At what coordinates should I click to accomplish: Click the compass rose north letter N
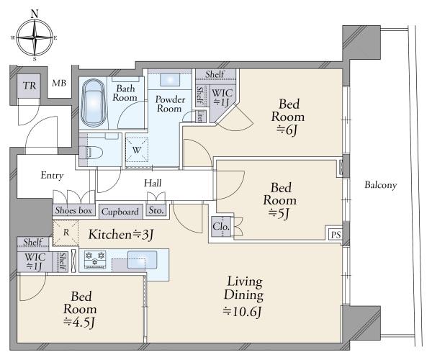[x=35, y=14]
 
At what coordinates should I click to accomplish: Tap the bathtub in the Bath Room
[x=93, y=103]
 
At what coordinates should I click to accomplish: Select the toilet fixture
[x=91, y=152]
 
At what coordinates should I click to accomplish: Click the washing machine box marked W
[x=137, y=150]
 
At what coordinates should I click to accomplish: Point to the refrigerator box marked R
[x=66, y=233]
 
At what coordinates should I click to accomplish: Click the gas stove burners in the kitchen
[x=95, y=259]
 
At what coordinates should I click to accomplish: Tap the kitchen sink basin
[x=142, y=260]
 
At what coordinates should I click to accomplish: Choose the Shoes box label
[x=73, y=210]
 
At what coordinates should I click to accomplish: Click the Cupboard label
[x=120, y=212]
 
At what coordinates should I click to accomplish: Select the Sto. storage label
[x=156, y=210]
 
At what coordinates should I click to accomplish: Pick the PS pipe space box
[x=336, y=235]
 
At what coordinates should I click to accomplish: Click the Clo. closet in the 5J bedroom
[x=221, y=227]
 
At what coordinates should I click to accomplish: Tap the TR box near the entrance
[x=30, y=86]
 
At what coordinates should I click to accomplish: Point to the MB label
[x=59, y=83]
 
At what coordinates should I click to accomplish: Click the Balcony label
[x=381, y=185]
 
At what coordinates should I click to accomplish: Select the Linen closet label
[x=200, y=116]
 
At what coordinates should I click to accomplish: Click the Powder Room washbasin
[x=170, y=80]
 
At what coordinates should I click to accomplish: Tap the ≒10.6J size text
[x=242, y=312]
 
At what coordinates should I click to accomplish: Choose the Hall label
[x=153, y=183]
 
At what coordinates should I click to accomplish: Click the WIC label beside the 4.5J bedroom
[x=35, y=257]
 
